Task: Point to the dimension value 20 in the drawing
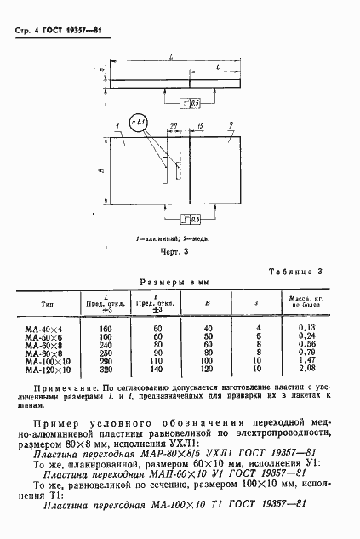click(174, 126)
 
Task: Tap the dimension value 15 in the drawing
click(199, 126)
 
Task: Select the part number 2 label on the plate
click(232, 125)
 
